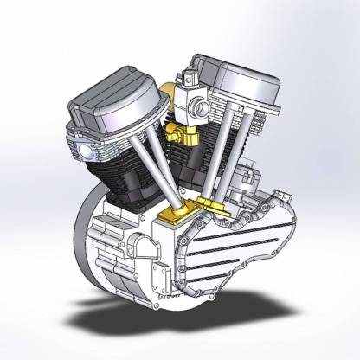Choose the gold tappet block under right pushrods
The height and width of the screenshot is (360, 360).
[x=212, y=206]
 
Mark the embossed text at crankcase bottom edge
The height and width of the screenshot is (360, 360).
[x=173, y=299]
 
